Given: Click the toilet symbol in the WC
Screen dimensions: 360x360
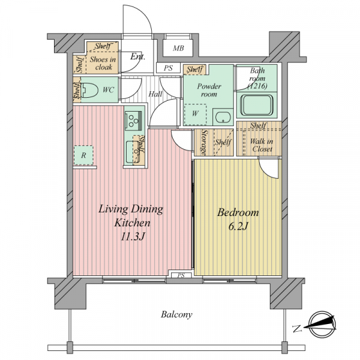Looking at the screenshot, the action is point(89,90).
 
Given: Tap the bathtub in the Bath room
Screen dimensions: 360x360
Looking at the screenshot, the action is point(256,105).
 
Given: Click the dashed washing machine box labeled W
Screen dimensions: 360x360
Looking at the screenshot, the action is point(195,115).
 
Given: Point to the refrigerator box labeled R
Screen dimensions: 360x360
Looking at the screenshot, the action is point(83,155).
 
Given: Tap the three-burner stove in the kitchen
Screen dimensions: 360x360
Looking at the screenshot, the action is point(133,121).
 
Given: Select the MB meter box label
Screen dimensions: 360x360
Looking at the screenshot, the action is point(178,49).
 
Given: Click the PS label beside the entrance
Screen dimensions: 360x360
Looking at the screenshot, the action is point(168,68).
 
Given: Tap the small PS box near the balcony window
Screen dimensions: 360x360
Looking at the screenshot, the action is point(181,275).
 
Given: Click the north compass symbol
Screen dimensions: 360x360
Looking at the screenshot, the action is point(322,325).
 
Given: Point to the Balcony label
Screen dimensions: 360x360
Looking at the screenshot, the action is point(176,314).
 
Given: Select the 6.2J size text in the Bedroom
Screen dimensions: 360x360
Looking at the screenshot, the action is point(238,226).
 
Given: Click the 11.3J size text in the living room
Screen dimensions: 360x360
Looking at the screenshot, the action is point(133,237).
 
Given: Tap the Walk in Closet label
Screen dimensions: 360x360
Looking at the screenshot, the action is point(262,145).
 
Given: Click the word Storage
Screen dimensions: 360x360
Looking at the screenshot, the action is point(204,142).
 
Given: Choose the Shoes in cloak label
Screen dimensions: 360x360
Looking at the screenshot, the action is point(103,64).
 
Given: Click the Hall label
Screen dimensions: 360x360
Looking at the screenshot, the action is point(155,94).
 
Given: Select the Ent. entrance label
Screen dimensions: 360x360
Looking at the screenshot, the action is point(138,56).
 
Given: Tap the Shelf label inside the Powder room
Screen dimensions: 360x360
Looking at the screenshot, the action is point(194,69).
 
